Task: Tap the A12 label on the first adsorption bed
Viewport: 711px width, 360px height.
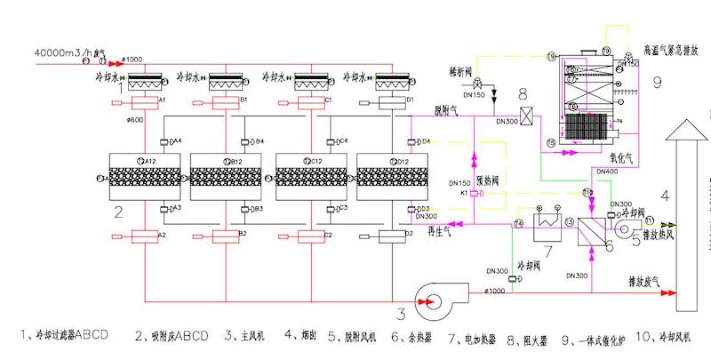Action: click(x=148, y=160)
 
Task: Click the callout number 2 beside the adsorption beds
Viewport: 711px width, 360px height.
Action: click(x=117, y=213)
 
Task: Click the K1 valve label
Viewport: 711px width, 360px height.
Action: click(x=463, y=192)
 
